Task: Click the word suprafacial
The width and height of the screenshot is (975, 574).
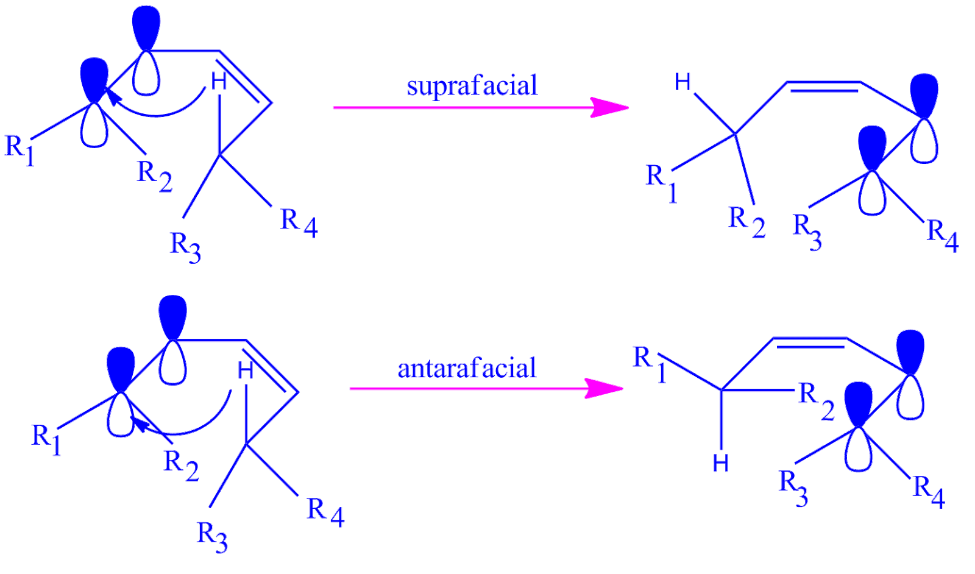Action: pos(472,86)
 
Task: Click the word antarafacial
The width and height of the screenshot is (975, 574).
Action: pos(467,369)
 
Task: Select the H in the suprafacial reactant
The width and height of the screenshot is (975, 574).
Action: pos(219,81)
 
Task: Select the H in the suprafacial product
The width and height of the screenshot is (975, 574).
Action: pos(684,82)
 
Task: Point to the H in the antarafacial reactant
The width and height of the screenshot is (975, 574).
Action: pos(246,370)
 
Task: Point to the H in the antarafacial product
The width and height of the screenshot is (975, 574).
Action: pos(721,464)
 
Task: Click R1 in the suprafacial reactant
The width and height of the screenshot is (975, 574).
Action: pos(20,149)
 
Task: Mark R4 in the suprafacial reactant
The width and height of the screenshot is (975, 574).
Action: pos(299,222)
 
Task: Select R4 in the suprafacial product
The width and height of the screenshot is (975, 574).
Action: pos(942,235)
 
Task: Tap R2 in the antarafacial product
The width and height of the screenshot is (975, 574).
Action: pos(817,400)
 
